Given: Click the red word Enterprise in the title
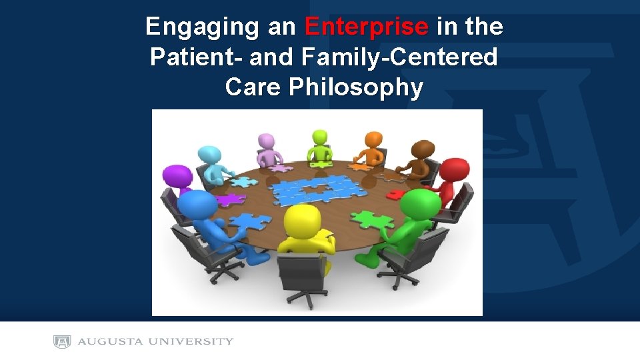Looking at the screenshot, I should point(366,27).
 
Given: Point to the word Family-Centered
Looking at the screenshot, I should point(399,57).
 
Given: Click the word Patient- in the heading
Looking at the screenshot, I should point(196,57).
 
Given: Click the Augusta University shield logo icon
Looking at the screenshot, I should point(62,342).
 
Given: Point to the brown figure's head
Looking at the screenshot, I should point(423,149).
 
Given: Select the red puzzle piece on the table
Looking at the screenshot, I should point(397,194).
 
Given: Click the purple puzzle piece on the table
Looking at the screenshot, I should point(227,199).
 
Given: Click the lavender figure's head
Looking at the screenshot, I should point(267,141).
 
